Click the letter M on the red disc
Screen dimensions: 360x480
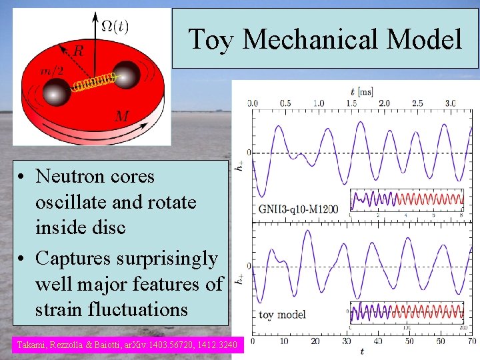(122, 116)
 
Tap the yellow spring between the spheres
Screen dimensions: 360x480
(91, 84)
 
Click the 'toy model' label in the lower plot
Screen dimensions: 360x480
(282, 314)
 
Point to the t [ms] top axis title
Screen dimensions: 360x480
(362, 91)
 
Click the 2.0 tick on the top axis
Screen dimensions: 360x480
(384, 103)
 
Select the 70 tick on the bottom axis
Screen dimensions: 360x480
(471, 341)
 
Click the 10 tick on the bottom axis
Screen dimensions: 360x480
(283, 341)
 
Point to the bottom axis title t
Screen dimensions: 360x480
(362, 351)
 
